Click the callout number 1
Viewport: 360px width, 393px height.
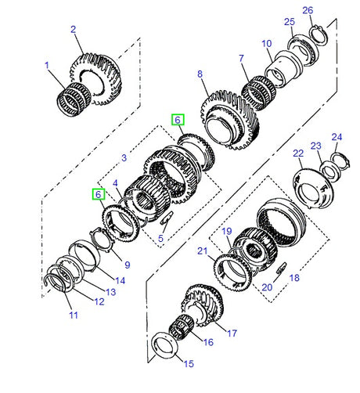pyautogui.click(x=46, y=66)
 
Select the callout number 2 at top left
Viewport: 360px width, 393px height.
pyautogui.click(x=73, y=30)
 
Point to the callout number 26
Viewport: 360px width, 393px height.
pyautogui.click(x=308, y=10)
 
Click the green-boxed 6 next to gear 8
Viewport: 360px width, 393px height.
pyautogui.click(x=178, y=120)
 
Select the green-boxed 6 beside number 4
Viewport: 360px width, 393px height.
pyautogui.click(x=99, y=195)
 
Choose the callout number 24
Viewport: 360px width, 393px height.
pyautogui.click(x=336, y=138)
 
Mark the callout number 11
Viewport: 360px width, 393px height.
pyautogui.click(x=73, y=315)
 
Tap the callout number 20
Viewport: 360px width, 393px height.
pyautogui.click(x=265, y=287)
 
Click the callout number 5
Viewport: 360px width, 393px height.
pyautogui.click(x=160, y=240)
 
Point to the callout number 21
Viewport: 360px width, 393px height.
pyautogui.click(x=201, y=251)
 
